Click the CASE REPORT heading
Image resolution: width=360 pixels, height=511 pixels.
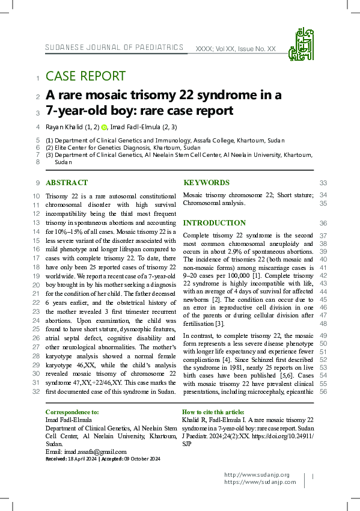coord(85,76)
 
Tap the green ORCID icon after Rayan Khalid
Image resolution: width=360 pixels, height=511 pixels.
coord(104,127)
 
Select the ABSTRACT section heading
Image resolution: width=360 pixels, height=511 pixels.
coord(67,183)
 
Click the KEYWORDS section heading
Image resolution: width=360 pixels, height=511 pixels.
coord(206,183)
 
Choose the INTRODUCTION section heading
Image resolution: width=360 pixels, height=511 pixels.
coord(214,223)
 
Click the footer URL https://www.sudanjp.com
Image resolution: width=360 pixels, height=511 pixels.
coord(260,482)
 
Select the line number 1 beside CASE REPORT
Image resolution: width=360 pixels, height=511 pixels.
coord(38,78)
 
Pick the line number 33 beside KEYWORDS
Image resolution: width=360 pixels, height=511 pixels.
coord(323,183)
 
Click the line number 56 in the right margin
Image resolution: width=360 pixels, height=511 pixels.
coord(323,392)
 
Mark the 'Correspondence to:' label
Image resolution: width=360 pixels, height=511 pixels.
coord(72,412)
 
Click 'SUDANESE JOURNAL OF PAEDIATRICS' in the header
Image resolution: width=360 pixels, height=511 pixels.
coord(114,47)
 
